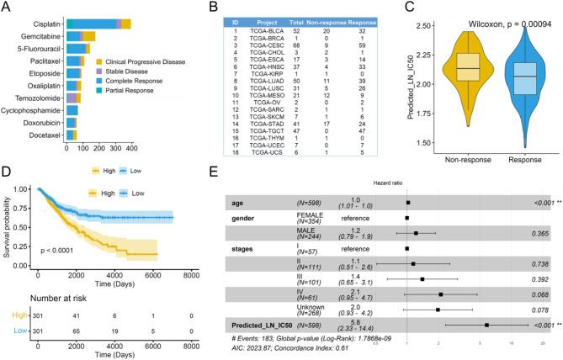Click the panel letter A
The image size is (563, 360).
(x=7, y=8)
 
